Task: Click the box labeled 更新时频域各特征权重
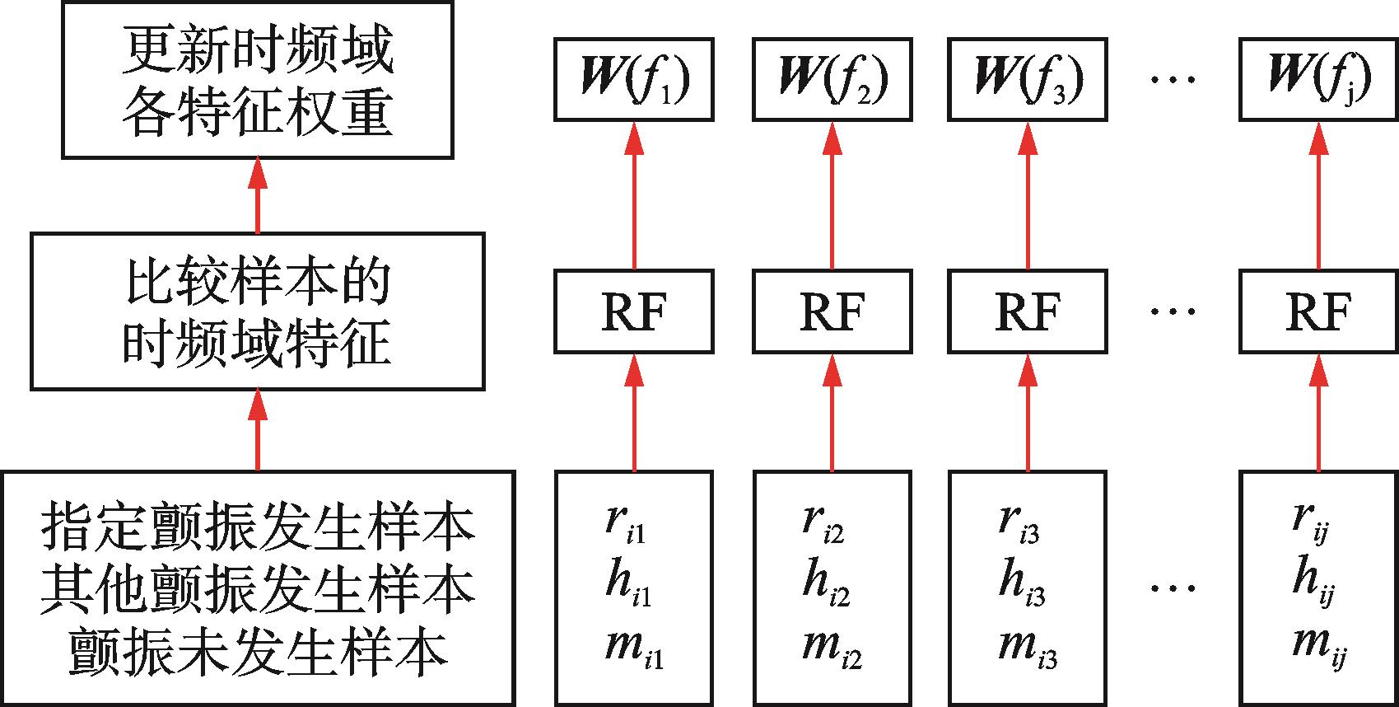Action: point(258,80)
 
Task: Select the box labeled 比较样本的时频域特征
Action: point(258,311)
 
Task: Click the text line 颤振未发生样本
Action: point(258,649)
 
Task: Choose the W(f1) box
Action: point(634,79)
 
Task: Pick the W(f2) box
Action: point(832,79)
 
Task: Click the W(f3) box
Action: point(1028,79)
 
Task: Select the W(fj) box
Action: point(1319,79)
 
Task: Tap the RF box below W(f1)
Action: point(634,311)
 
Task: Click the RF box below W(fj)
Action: point(1319,311)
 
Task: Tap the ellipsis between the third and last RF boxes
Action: point(1173,312)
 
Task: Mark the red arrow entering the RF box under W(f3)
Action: point(1028,412)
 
